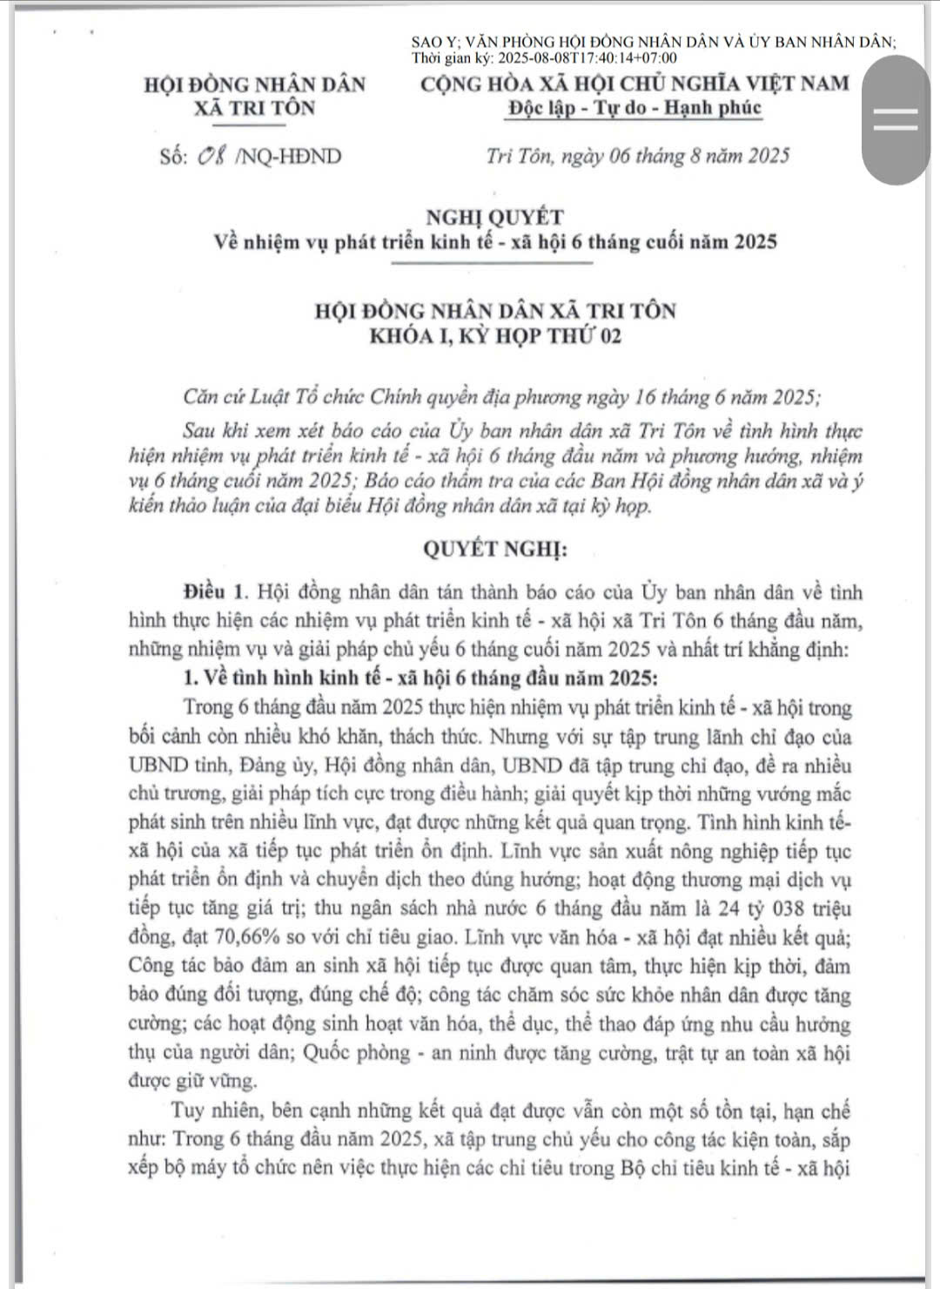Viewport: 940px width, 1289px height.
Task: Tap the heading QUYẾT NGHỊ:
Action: point(494,550)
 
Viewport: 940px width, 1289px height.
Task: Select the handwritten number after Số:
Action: point(212,157)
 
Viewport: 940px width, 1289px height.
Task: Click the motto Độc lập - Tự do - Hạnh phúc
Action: point(634,108)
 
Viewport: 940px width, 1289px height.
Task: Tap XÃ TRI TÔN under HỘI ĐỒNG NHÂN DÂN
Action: point(255,109)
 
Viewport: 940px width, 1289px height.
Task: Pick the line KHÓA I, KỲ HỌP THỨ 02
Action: point(494,337)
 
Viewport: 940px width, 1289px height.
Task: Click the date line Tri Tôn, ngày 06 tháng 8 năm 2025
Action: point(638,157)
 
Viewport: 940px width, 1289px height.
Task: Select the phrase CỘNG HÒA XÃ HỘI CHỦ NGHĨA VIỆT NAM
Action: point(634,84)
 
